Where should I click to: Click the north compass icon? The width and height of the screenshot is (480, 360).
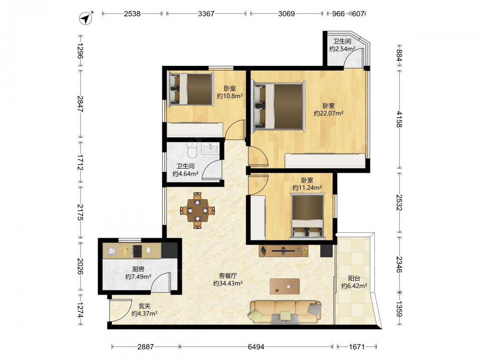(86, 18)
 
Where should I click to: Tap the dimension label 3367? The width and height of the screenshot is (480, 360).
(206, 14)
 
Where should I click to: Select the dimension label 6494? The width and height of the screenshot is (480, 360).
(256, 347)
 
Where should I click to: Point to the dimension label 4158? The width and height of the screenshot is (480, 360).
(399, 119)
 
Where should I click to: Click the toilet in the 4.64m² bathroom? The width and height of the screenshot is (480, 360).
(192, 150)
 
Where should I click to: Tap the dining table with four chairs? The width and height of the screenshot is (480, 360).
(197, 211)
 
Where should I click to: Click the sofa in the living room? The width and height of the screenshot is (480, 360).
(285, 312)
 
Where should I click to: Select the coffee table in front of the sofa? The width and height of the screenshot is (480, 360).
(285, 286)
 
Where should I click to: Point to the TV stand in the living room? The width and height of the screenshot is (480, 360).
(284, 251)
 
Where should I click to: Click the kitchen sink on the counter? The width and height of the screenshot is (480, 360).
(111, 251)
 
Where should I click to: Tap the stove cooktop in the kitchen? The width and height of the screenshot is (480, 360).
(137, 251)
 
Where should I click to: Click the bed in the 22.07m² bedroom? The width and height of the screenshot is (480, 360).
(278, 107)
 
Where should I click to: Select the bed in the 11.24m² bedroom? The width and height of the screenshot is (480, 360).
(307, 217)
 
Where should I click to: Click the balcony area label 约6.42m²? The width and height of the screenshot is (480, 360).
(354, 286)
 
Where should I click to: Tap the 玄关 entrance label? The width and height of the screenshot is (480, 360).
(144, 306)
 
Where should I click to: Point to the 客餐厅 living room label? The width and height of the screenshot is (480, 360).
(228, 276)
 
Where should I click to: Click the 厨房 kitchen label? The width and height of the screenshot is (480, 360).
(138, 269)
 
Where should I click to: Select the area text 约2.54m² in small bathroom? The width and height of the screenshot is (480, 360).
(342, 49)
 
